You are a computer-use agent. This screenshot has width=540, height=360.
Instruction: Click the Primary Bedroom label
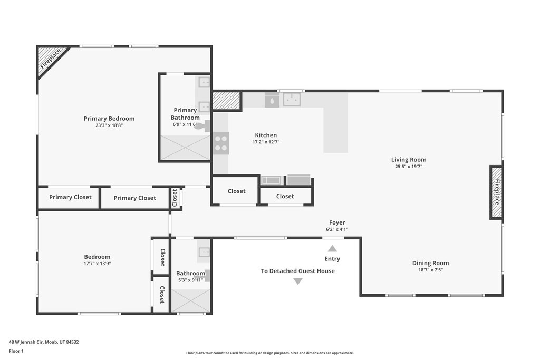point(109,119)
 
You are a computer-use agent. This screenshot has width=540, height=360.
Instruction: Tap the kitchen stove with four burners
point(221,143)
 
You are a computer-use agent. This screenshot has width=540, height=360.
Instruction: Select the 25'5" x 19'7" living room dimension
point(409,166)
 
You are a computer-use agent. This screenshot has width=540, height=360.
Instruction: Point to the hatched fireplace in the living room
point(496,192)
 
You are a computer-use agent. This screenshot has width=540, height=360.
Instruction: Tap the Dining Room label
point(430,263)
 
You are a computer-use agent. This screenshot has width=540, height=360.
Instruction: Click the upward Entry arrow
point(332,248)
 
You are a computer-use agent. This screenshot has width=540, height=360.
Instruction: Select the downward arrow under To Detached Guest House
point(298,281)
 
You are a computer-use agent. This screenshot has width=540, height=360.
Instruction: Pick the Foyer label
point(337,222)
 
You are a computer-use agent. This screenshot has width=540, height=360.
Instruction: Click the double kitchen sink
point(292,100)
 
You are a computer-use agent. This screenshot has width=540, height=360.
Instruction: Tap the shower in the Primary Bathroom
point(185,148)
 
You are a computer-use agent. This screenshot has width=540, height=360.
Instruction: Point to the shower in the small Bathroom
point(190,301)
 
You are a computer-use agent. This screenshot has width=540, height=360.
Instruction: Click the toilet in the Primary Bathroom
point(202,125)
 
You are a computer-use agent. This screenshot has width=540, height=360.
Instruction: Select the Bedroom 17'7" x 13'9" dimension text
point(97,264)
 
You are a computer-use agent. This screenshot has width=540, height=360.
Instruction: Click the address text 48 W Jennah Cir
point(26,342)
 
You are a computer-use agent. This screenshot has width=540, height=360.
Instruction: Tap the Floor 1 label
point(16,351)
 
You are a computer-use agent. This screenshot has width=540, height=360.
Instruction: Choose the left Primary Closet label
point(70,197)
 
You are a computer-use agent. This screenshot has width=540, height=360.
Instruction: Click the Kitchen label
point(266,135)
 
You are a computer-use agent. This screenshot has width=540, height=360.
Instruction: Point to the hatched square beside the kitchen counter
point(226,101)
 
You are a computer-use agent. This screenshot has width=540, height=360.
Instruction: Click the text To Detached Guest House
point(297,271)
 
